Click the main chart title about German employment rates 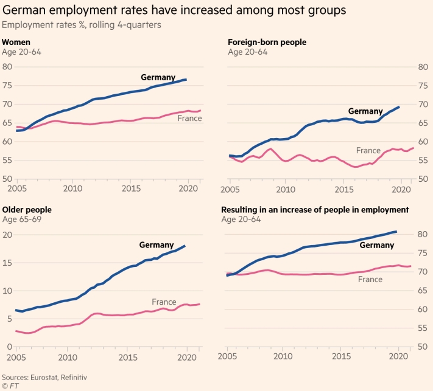(174, 10)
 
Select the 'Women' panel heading (16, 42)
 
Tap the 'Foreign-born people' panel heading (267, 42)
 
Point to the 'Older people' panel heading (27, 210)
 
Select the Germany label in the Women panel (158, 77)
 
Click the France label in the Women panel (189, 118)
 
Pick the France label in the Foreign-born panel (368, 150)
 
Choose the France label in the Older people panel (164, 302)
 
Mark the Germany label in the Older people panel (157, 245)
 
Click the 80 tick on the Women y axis (9, 66)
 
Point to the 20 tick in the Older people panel (9, 234)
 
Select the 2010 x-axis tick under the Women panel (72, 189)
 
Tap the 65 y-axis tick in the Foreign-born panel (421, 123)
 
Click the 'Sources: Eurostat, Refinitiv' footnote (45, 377)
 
